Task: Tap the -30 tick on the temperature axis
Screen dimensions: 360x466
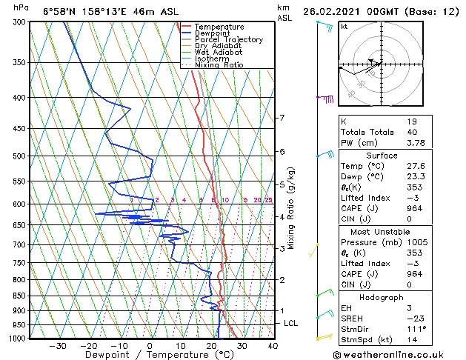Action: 57,346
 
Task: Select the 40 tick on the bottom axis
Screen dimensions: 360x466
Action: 273,346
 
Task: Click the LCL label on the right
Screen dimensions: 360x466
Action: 291,324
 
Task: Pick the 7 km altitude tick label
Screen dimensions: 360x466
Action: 282,119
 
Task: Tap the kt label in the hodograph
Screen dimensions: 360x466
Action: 344,27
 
